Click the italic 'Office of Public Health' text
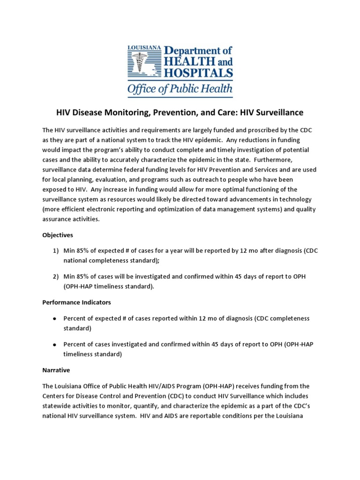(x=180, y=89)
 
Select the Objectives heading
(x=58, y=234)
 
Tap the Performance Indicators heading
(x=76, y=302)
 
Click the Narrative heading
(x=56, y=370)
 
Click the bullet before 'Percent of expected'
(x=54, y=319)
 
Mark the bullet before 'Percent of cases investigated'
(x=54, y=345)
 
